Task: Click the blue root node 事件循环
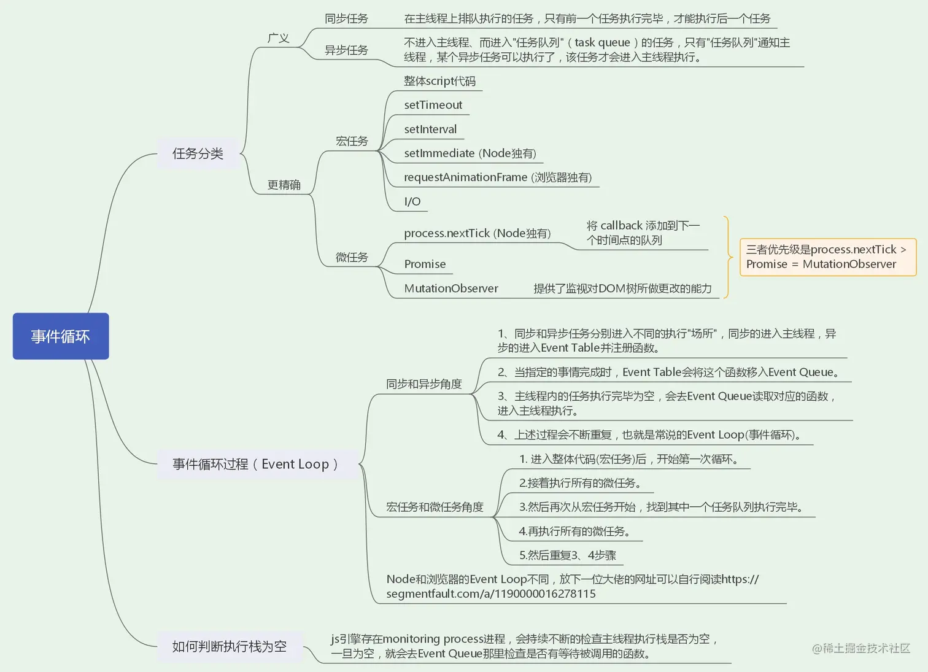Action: [x=61, y=336]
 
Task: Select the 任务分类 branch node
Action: [x=198, y=153]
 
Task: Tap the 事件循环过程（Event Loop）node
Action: [x=255, y=464]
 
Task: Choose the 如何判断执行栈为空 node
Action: [x=230, y=646]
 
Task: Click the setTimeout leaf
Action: [x=433, y=105]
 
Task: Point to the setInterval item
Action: [x=430, y=129]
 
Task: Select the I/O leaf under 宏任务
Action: [x=412, y=201]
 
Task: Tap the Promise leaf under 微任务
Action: [x=425, y=264]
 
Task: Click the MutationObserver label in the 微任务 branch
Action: [x=451, y=288]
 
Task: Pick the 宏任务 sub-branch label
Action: [x=352, y=141]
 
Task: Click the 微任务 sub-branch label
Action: [x=352, y=257]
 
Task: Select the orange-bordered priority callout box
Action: [x=827, y=257]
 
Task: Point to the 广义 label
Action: [x=278, y=38]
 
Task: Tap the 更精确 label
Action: [x=284, y=185]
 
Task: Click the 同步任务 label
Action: [x=346, y=19]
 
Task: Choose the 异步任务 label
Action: [x=346, y=50]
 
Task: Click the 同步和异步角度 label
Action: [x=423, y=384]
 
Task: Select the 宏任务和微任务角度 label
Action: [x=435, y=507]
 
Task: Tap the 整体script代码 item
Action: [x=439, y=81]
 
